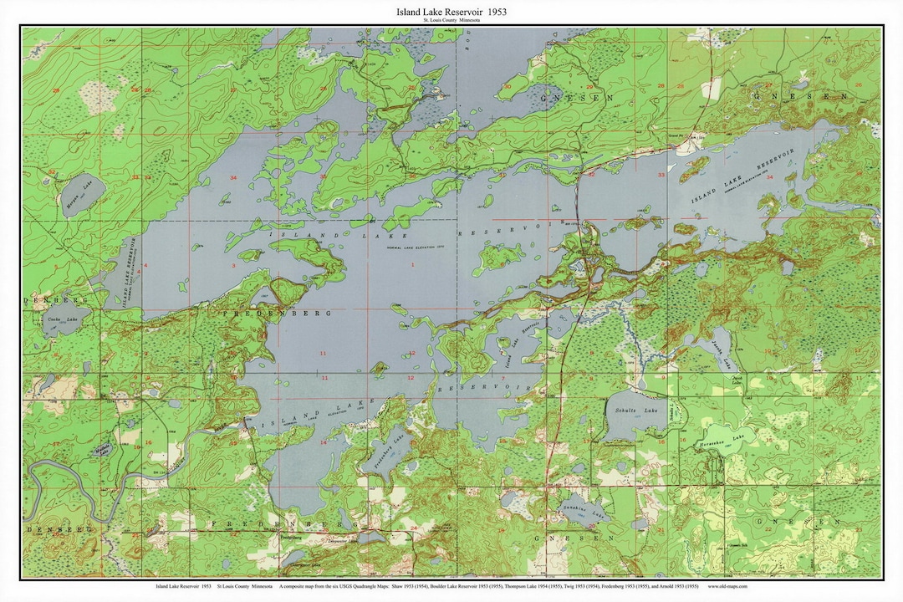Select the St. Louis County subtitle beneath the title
(x=451, y=23)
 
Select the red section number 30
(x=508, y=87)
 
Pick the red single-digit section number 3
(x=232, y=265)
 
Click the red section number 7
(x=503, y=378)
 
